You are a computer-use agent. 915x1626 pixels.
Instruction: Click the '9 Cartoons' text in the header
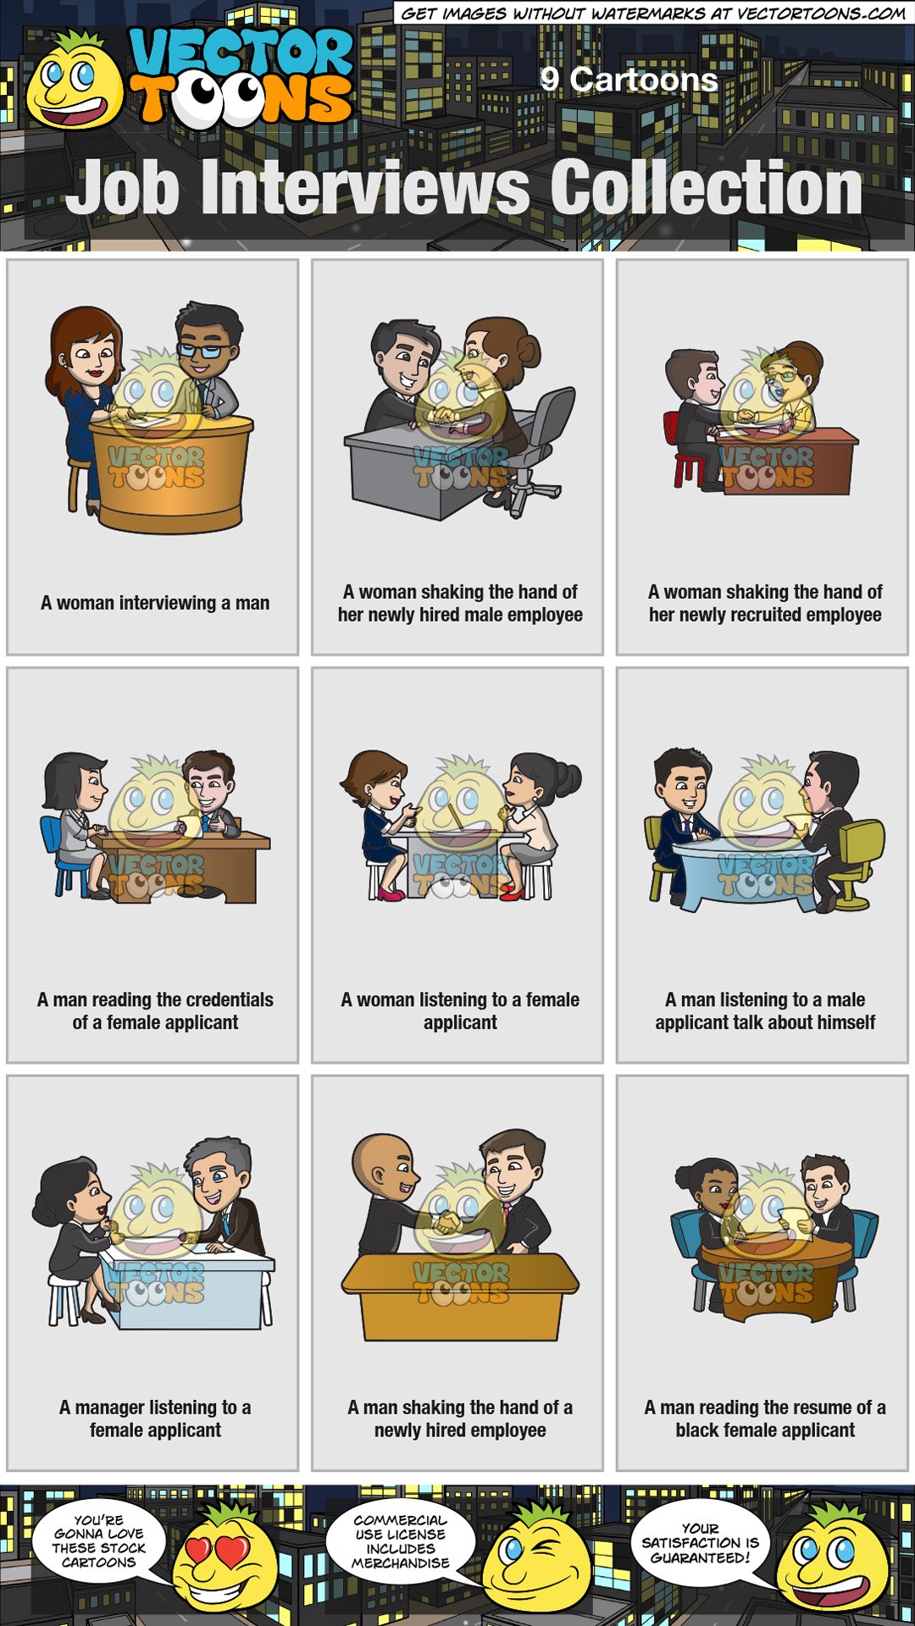tap(629, 80)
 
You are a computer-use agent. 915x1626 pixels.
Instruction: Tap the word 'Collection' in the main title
tap(707, 188)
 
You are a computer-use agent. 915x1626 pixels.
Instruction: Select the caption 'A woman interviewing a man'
tap(155, 603)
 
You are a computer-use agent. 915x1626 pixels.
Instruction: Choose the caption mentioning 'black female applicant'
tap(765, 1419)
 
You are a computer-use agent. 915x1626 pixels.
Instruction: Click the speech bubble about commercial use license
tap(400, 1541)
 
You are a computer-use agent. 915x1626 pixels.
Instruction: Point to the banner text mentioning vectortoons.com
tap(652, 13)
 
